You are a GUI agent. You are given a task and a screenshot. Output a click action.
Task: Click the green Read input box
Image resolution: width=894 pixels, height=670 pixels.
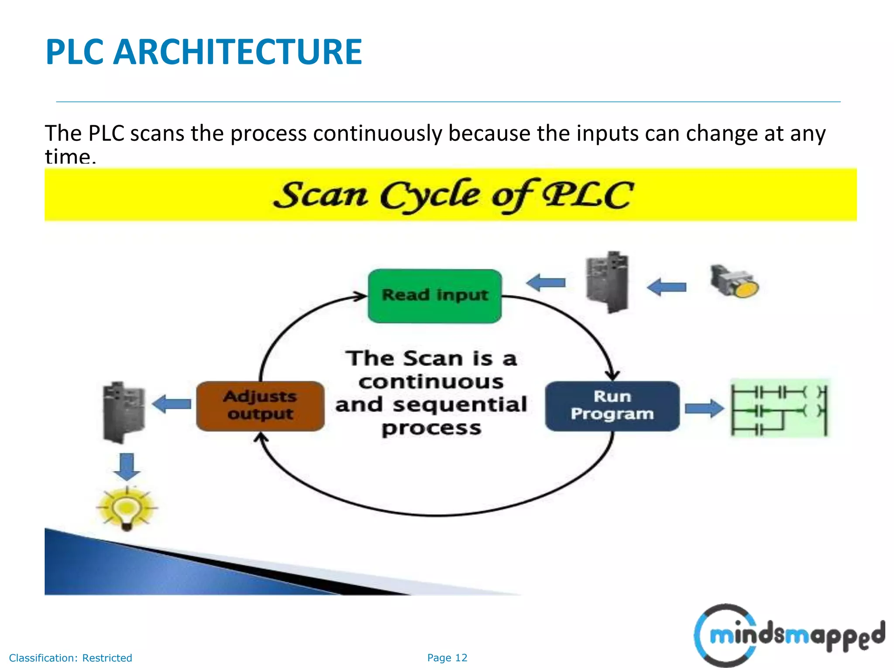435,296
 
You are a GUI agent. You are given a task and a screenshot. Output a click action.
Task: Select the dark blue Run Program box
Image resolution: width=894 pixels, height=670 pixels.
612,406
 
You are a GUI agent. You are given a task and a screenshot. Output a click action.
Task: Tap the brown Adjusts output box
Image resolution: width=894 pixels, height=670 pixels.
260,406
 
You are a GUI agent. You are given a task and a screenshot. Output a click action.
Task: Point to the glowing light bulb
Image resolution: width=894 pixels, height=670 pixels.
127,508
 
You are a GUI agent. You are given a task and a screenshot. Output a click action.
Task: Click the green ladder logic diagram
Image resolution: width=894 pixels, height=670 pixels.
780,408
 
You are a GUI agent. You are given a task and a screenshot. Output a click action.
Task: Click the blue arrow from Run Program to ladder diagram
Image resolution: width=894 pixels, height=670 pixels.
704,409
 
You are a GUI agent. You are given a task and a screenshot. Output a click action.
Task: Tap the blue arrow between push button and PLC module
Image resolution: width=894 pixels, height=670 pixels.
667,287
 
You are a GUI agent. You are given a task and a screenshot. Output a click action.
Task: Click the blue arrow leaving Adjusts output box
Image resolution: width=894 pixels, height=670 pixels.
172,404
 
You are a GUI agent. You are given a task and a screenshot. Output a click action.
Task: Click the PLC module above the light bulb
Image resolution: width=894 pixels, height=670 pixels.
124,412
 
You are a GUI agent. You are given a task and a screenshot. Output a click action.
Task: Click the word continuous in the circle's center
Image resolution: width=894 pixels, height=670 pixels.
431,382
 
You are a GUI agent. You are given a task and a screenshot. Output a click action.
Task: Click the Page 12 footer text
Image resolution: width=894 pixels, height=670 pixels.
447,658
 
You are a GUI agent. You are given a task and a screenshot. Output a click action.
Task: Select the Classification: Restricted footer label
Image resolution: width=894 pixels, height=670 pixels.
70,658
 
